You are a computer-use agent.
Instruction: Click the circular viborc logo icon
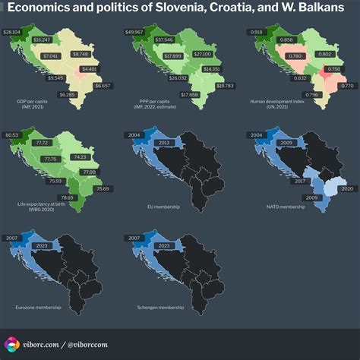pyautogui.click(x=13, y=344)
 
